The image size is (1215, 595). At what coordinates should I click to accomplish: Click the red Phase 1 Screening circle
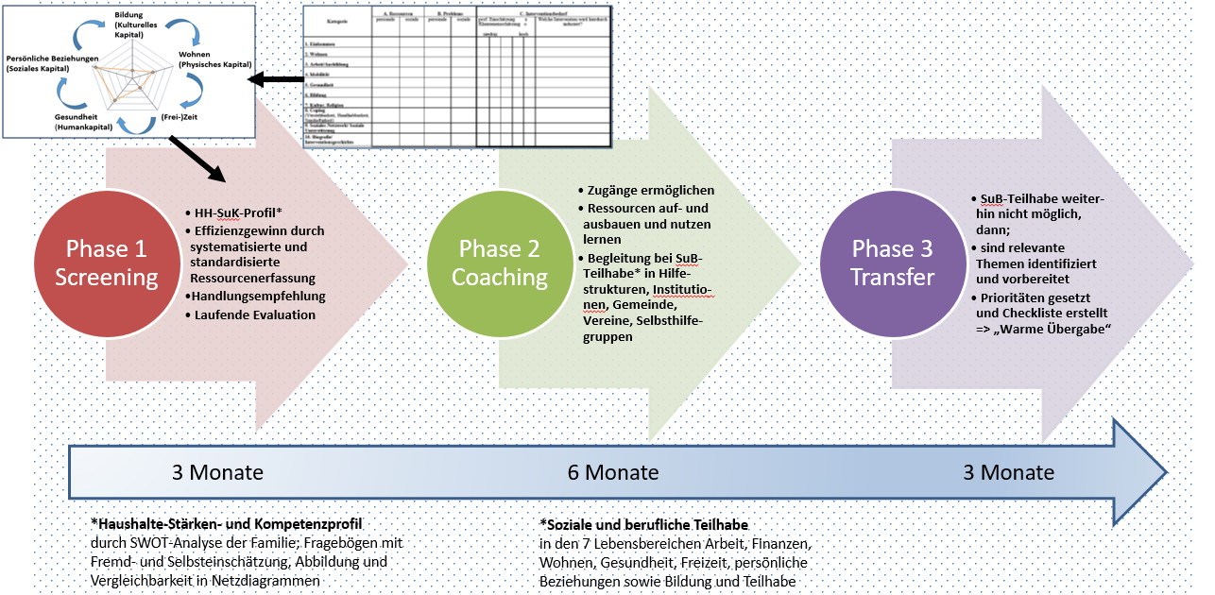pos(106,263)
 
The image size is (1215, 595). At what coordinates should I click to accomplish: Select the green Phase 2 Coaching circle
pos(499,263)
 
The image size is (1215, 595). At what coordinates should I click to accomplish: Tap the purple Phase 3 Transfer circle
pos(892,263)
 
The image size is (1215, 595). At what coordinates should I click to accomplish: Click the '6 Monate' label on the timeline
pos(612,472)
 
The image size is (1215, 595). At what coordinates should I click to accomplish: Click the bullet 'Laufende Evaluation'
pos(255,314)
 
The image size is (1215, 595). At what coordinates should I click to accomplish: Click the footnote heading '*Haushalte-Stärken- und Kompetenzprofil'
pos(227,523)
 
